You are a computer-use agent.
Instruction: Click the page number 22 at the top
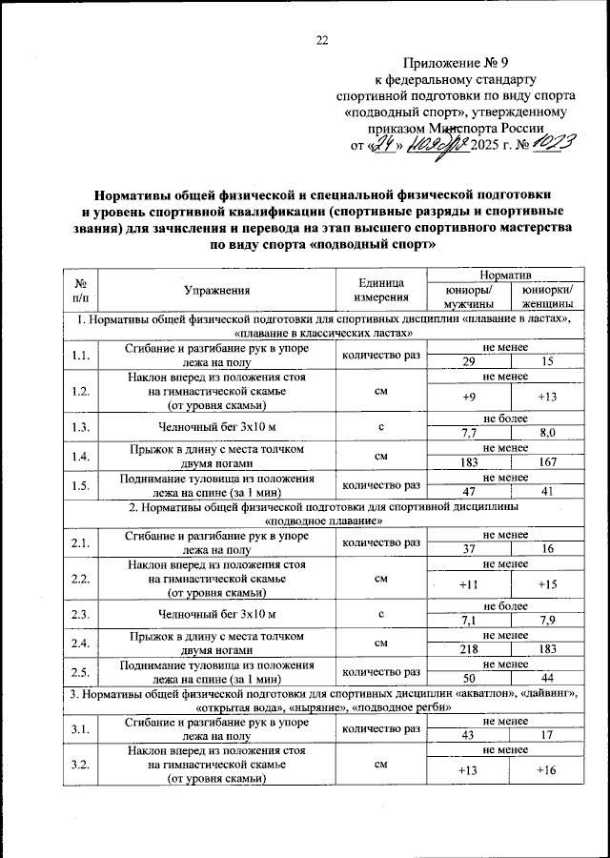pyautogui.click(x=321, y=40)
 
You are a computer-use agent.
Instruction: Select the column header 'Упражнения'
pyautogui.click(x=217, y=291)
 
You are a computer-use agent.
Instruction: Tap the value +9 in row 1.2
pyautogui.click(x=468, y=397)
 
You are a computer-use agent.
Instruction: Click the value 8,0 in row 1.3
pyautogui.click(x=546, y=432)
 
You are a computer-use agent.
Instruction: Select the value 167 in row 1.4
pyautogui.click(x=546, y=462)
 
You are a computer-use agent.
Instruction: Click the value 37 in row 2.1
pyautogui.click(x=468, y=549)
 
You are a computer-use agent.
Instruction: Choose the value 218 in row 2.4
pyautogui.click(x=468, y=649)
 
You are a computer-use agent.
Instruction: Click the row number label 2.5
pyautogui.click(x=79, y=673)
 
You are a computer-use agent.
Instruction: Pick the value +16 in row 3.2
pyautogui.click(x=546, y=770)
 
